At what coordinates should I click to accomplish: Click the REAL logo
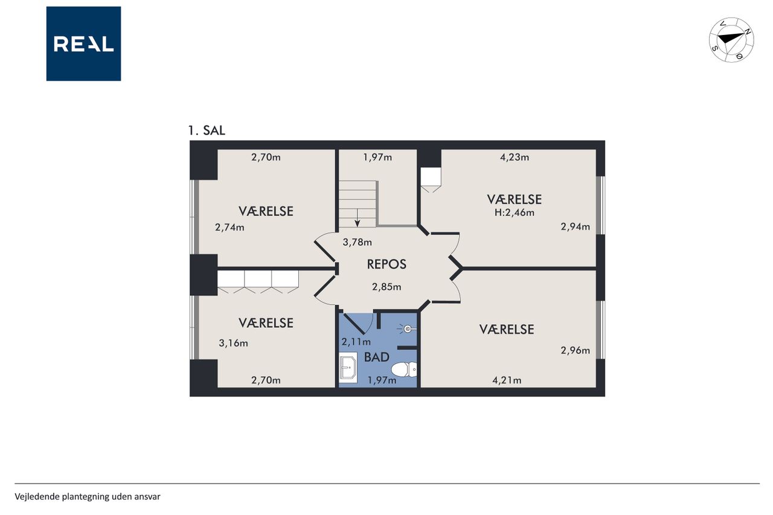click(83, 44)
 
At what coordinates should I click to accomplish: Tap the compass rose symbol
click(731, 40)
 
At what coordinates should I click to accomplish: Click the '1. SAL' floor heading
click(207, 130)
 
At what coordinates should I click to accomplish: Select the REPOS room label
click(386, 264)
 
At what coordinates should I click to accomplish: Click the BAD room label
click(376, 357)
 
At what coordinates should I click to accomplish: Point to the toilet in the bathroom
click(404, 369)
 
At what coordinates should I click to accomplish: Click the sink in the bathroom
click(348, 368)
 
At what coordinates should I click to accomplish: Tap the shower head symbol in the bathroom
click(408, 329)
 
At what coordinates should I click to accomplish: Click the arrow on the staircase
click(357, 218)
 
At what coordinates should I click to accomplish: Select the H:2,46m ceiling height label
click(514, 213)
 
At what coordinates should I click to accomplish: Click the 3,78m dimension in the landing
click(357, 242)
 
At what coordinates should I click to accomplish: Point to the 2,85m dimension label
click(386, 287)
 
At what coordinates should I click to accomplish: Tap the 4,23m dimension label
click(514, 158)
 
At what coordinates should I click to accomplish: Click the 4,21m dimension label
click(507, 380)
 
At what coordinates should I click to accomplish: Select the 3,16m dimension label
click(233, 343)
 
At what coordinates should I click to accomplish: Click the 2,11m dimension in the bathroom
click(356, 342)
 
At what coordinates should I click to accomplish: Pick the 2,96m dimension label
click(576, 350)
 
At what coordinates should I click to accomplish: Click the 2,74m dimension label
click(229, 228)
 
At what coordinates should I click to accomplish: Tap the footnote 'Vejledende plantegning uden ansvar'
click(88, 497)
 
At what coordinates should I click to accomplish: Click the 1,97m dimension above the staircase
click(377, 158)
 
